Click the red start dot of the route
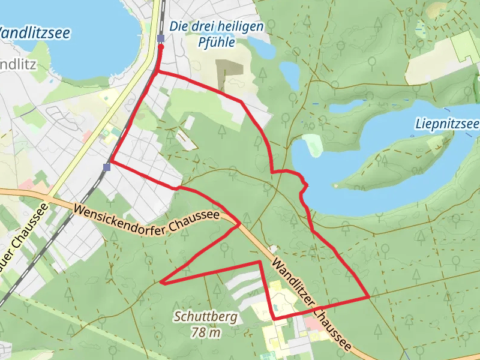click(x=161, y=46)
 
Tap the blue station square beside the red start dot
click(x=161, y=39)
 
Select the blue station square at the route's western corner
click(x=106, y=167)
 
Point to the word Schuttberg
click(x=206, y=317)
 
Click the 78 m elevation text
click(x=205, y=332)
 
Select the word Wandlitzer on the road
click(x=292, y=282)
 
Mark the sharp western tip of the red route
click(x=162, y=281)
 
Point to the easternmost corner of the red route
click(x=368, y=297)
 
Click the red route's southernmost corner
click(x=274, y=318)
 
